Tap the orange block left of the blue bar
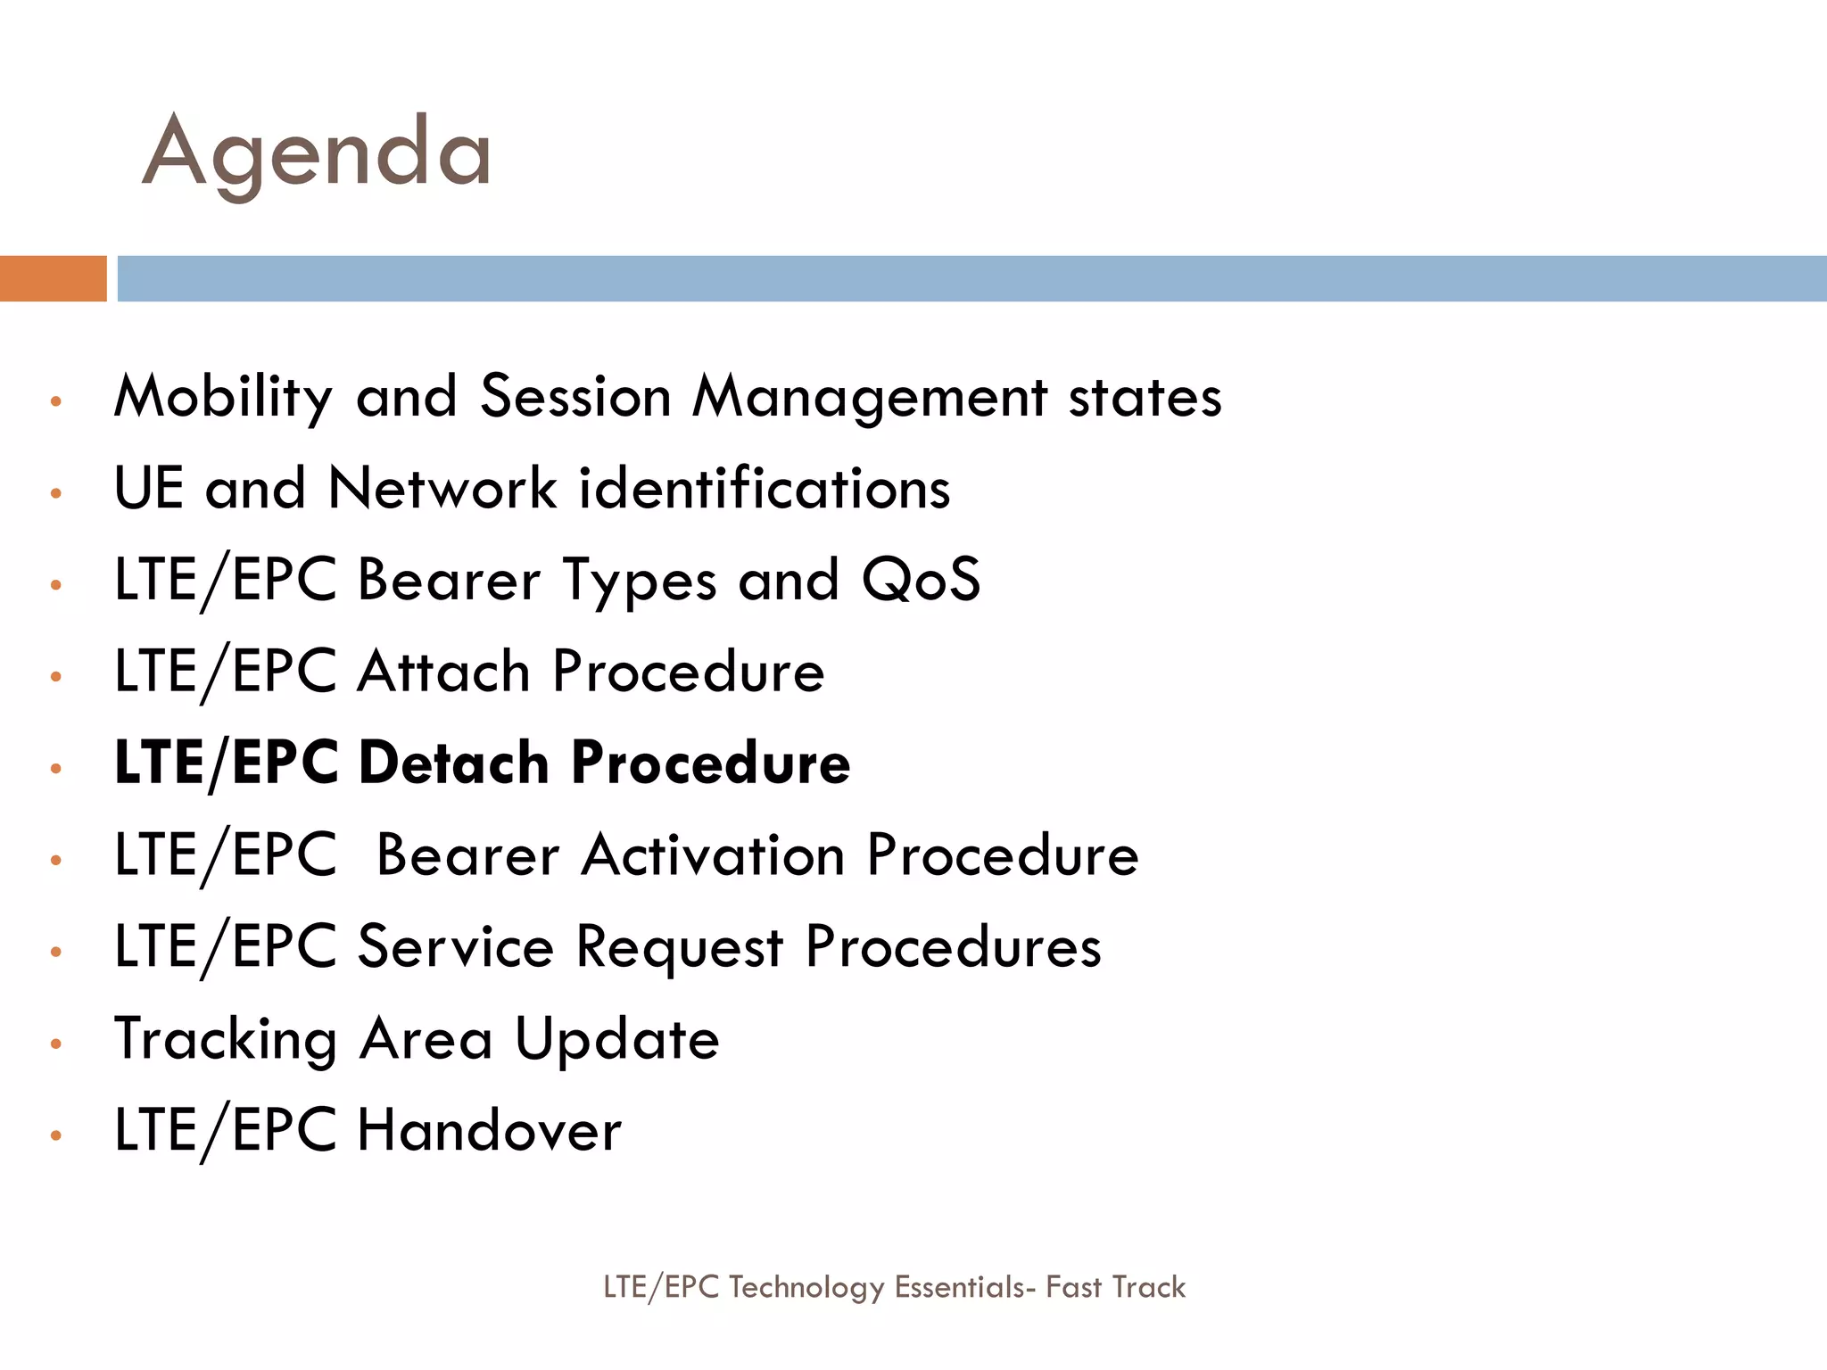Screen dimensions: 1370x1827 point(53,278)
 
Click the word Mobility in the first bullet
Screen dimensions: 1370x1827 point(223,397)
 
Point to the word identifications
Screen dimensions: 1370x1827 point(765,489)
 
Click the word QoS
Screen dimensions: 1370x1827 point(921,580)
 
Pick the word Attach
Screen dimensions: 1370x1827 point(443,671)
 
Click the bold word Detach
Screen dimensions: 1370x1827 point(453,763)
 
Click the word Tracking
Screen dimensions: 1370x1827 point(226,1040)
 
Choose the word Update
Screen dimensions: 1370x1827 point(617,1039)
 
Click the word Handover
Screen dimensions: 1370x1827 point(489,1131)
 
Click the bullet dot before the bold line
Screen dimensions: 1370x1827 point(56,768)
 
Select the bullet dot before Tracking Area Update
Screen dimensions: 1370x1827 point(56,1044)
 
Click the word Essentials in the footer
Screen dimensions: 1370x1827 point(959,1287)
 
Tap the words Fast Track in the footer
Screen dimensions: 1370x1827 point(1115,1287)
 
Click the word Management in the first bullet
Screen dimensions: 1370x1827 point(870,397)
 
